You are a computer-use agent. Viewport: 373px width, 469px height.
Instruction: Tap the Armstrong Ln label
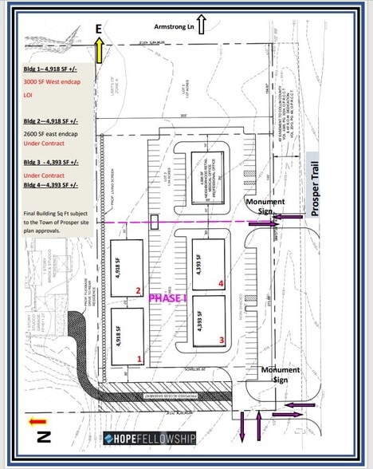tap(174, 26)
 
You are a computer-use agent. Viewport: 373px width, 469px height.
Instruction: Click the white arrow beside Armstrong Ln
tap(202, 26)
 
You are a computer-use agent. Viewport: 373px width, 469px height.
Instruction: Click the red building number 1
tap(139, 359)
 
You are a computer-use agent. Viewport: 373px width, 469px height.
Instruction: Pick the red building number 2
tap(139, 290)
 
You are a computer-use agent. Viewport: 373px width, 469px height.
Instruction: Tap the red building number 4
tap(222, 282)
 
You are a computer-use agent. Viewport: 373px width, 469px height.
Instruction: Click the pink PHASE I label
tap(168, 298)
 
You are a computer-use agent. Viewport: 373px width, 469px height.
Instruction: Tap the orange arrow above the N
tap(35, 420)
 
